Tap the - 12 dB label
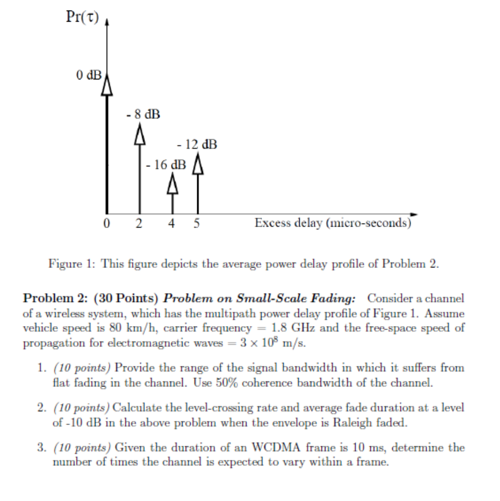tap(197, 145)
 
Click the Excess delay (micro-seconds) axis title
tap(332, 223)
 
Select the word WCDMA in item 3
tap(268, 447)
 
